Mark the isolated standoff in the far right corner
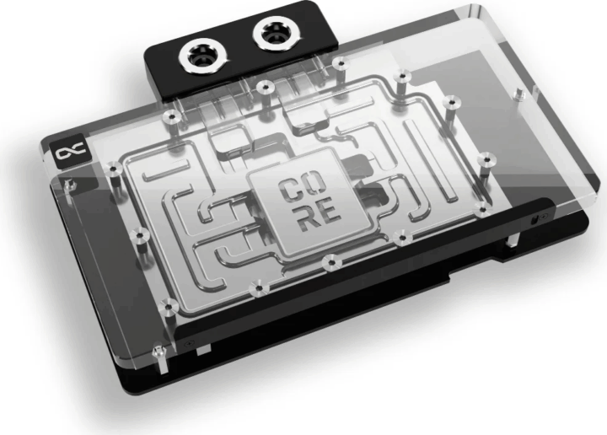488,156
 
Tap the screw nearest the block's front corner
158,347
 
